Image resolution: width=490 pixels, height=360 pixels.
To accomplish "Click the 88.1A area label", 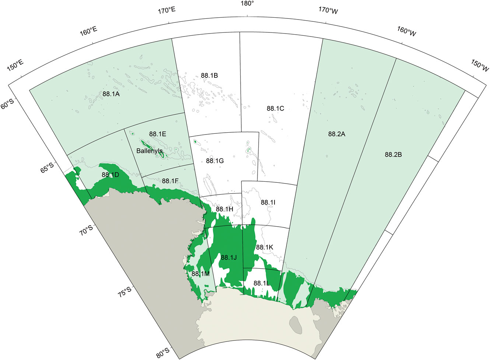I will point(111,94).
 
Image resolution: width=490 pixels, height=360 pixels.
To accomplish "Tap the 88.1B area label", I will point(209,76).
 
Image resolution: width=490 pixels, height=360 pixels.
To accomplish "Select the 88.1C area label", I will point(275,108).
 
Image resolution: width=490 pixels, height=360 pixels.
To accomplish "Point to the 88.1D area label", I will point(110,175).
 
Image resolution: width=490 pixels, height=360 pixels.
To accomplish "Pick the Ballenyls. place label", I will point(150,151).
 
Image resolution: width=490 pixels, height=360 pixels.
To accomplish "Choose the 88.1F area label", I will point(170,181).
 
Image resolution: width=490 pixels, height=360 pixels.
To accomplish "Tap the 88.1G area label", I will point(215,161).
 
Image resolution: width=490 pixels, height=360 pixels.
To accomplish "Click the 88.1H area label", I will point(224,209).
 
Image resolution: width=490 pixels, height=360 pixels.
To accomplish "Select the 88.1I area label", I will point(268,202).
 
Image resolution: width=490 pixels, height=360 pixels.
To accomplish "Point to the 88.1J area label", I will point(228,258).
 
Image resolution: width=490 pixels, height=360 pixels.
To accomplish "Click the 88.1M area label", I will point(201,274).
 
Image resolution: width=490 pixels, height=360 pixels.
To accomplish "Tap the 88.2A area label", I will point(336,134).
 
